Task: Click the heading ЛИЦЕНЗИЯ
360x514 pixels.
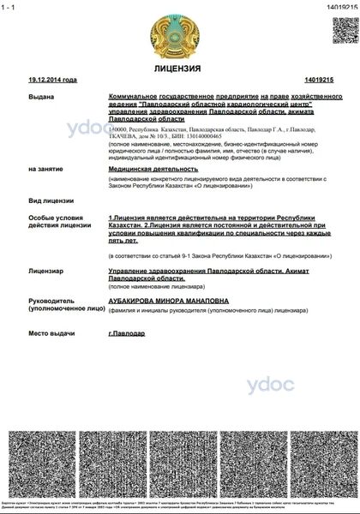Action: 179,68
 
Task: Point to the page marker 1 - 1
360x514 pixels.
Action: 12,6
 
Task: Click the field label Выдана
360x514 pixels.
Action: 40,99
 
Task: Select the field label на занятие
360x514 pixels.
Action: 45,170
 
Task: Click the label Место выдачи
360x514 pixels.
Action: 51,332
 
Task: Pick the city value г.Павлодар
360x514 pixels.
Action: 127,332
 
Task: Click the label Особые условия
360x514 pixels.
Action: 54,219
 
